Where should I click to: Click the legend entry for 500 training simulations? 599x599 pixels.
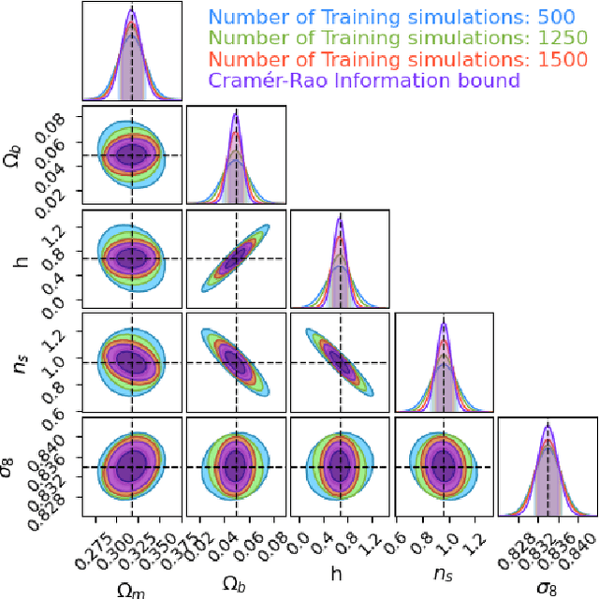click(x=402, y=16)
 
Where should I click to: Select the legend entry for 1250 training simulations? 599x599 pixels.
click(x=402, y=37)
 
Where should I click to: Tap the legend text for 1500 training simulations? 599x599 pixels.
click(x=402, y=59)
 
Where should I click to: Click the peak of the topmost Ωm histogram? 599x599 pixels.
click(x=131, y=10)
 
